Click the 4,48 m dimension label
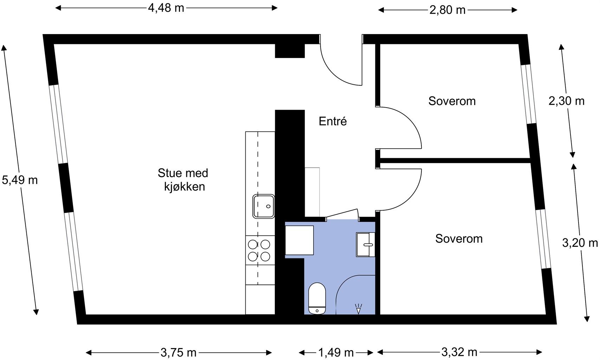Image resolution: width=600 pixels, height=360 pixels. pyautogui.click(x=166, y=8)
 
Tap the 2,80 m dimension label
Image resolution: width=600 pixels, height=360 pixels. pyautogui.click(x=447, y=10)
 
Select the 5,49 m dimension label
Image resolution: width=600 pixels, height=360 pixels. pyautogui.click(x=20, y=180)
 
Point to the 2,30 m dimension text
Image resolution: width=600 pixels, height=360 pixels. pyautogui.click(x=566, y=101)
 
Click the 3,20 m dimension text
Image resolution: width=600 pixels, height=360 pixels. pyautogui.click(x=580, y=243)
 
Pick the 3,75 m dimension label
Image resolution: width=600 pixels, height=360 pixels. pyautogui.click(x=178, y=352)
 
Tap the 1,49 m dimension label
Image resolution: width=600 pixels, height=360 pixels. pyautogui.click(x=336, y=352)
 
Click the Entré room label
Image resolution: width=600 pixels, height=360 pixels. pyautogui.click(x=333, y=121)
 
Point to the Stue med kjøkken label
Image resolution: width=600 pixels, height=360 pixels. pyautogui.click(x=183, y=180)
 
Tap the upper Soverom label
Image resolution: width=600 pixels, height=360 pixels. pyautogui.click(x=452, y=101)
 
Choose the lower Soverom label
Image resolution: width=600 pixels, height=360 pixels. pyautogui.click(x=459, y=239)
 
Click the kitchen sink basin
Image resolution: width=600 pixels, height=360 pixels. pyautogui.click(x=264, y=206)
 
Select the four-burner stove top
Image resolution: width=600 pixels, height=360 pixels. pyautogui.click(x=259, y=250)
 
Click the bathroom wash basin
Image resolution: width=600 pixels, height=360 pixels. pyautogui.click(x=366, y=244)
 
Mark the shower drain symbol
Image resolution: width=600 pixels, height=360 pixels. pyautogui.click(x=359, y=309)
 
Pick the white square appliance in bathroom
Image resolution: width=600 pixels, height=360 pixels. pyautogui.click(x=299, y=240)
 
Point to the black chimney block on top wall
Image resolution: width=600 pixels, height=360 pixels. pyautogui.click(x=289, y=51)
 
